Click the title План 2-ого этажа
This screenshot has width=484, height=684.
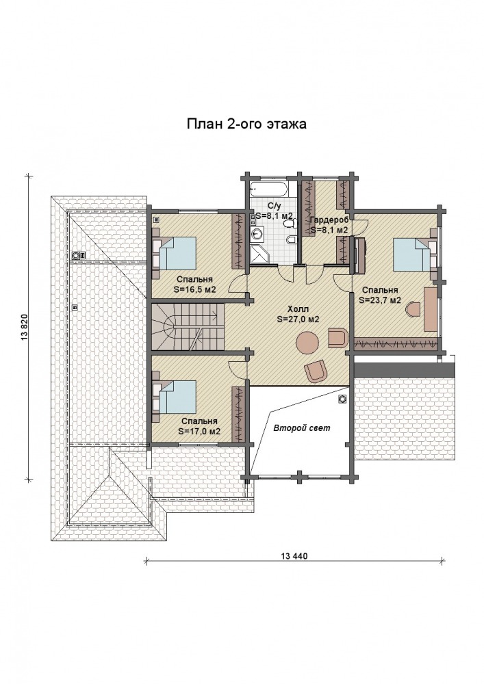(246, 124)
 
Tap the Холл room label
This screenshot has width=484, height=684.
(298, 309)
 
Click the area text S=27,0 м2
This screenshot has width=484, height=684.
(298, 319)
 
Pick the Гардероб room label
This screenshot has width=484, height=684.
(329, 220)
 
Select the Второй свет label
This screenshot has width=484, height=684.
(302, 428)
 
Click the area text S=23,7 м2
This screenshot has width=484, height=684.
(380, 300)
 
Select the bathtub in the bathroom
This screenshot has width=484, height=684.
(269, 189)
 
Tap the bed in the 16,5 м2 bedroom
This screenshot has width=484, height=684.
(174, 254)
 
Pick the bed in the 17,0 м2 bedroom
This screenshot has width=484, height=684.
(174, 397)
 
